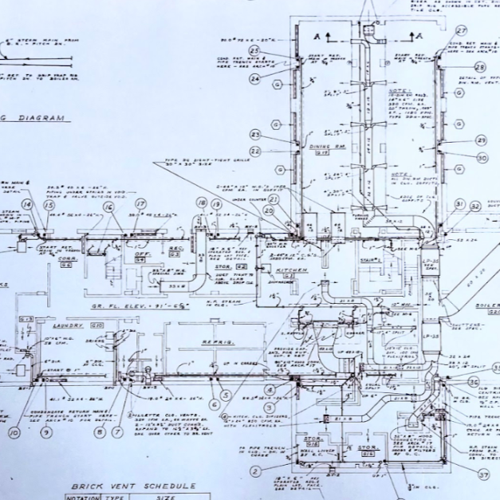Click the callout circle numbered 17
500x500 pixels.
(141, 204)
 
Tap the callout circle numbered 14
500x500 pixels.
(26, 205)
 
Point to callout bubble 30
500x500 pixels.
(482, 158)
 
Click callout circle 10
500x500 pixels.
(14, 433)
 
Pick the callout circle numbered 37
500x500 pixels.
(484, 474)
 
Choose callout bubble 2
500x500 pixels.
(255, 470)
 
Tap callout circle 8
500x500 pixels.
(99, 433)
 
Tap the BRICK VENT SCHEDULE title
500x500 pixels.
(133, 486)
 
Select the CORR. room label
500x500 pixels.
(67, 258)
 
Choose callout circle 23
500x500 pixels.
(255, 134)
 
